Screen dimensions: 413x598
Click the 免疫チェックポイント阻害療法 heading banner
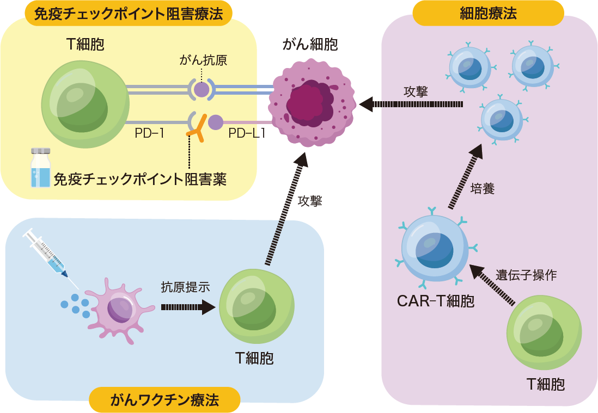(x=129, y=14)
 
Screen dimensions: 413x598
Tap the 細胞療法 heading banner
(x=488, y=14)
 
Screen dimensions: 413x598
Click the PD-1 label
(x=149, y=132)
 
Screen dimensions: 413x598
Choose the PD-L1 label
(x=247, y=132)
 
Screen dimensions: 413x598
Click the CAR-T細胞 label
(x=435, y=301)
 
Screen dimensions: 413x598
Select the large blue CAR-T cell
(x=434, y=247)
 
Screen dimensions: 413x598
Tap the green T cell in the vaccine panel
(x=257, y=305)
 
